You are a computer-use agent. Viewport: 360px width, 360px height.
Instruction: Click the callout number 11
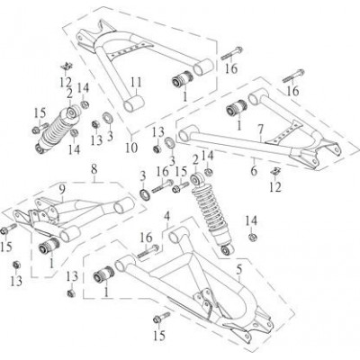click(136, 83)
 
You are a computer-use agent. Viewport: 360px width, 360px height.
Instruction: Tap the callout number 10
click(131, 148)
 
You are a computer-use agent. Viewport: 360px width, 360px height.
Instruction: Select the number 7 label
click(261, 130)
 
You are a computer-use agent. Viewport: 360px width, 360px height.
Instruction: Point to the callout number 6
click(254, 171)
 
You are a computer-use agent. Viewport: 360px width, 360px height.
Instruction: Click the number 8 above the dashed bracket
click(94, 169)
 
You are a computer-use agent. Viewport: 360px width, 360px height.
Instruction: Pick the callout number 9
click(62, 190)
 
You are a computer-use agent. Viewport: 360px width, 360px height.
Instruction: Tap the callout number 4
click(166, 216)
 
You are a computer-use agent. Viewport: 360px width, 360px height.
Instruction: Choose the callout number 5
click(239, 270)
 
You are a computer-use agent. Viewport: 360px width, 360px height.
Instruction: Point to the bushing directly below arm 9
click(49, 246)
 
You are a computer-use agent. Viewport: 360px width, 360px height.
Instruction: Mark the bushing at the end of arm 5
click(104, 275)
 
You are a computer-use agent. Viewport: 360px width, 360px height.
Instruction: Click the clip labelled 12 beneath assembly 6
click(274, 171)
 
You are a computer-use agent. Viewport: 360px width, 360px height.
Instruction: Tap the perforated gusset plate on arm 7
click(283, 132)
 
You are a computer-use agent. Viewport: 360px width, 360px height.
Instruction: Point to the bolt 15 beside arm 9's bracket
click(9, 229)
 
